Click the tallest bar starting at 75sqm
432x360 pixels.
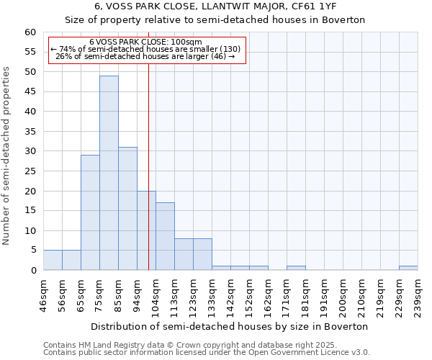point(109,173)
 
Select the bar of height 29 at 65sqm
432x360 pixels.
point(90,212)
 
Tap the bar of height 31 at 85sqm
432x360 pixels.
point(127,209)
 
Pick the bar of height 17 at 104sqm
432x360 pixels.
point(165,236)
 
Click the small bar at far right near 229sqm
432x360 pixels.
point(408,268)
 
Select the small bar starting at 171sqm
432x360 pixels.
point(296,268)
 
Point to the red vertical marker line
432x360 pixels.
point(148,180)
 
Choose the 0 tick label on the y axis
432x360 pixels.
point(33,271)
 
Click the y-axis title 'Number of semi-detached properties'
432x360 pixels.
point(6,156)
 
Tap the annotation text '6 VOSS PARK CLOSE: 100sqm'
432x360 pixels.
point(146,42)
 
